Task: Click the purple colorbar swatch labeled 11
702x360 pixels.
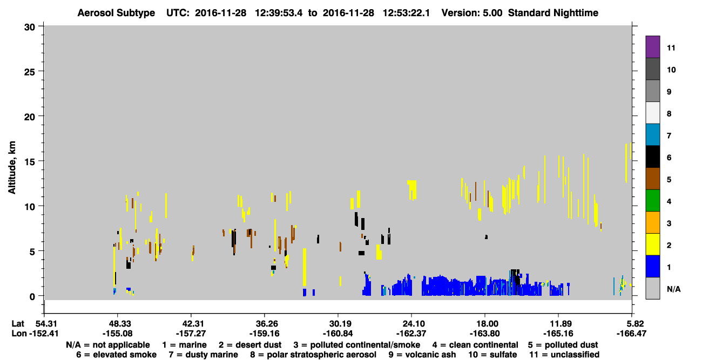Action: click(x=652, y=47)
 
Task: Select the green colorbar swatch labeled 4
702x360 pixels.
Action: click(x=652, y=201)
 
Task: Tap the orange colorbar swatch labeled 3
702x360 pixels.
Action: click(x=652, y=222)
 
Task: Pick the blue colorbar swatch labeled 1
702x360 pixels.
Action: click(x=652, y=266)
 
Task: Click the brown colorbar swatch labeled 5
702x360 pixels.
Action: click(x=652, y=179)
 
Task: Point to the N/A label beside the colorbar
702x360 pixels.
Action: click(x=673, y=289)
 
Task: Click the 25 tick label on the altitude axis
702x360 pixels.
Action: click(x=30, y=72)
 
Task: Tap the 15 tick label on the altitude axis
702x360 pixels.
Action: click(x=30, y=162)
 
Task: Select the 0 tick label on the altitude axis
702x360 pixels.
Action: click(x=32, y=296)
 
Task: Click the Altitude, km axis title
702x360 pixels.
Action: click(x=11, y=168)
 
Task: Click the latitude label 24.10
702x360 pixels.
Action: click(x=411, y=324)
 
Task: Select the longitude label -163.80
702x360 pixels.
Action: click(x=485, y=334)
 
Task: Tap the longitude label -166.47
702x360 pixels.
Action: click(x=631, y=334)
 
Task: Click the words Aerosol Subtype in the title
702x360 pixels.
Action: click(x=116, y=13)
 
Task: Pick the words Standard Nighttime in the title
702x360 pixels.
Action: click(x=553, y=13)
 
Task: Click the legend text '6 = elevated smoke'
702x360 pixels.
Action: click(x=116, y=355)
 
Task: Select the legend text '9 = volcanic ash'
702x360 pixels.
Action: click(x=422, y=355)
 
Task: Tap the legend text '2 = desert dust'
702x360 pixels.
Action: click(x=250, y=345)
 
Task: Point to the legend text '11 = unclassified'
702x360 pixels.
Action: click(x=564, y=355)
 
